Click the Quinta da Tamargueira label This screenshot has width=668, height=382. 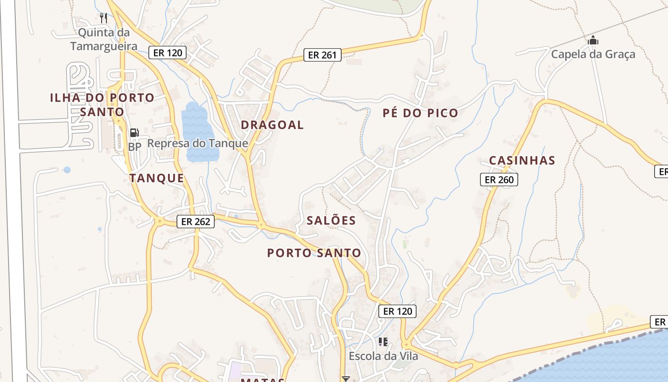tap(104, 40)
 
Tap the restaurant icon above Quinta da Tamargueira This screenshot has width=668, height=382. tap(104, 18)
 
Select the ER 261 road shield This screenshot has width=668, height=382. tap(322, 55)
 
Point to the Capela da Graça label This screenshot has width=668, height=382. tap(593, 54)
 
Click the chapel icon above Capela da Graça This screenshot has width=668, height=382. tap(593, 41)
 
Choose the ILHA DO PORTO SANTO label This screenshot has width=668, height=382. tap(102, 105)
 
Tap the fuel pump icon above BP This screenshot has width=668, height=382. tap(135, 133)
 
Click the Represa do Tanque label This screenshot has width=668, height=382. tap(198, 143)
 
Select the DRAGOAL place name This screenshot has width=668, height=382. tap(272, 125)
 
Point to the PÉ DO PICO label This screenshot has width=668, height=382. tap(420, 113)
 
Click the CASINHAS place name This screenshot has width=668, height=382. tap(522, 160)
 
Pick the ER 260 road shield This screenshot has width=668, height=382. tap(499, 180)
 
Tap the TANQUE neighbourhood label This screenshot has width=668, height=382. tap(157, 178)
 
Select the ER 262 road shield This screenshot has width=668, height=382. tap(196, 222)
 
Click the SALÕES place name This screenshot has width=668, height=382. tap(331, 220)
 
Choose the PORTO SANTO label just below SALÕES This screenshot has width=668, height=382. tap(314, 253)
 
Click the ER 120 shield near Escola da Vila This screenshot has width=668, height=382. tap(397, 311)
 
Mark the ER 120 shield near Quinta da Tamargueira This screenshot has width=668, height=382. tap(167, 53)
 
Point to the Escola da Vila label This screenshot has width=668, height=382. tap(383, 356)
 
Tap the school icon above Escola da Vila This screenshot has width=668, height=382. tap(383, 342)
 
